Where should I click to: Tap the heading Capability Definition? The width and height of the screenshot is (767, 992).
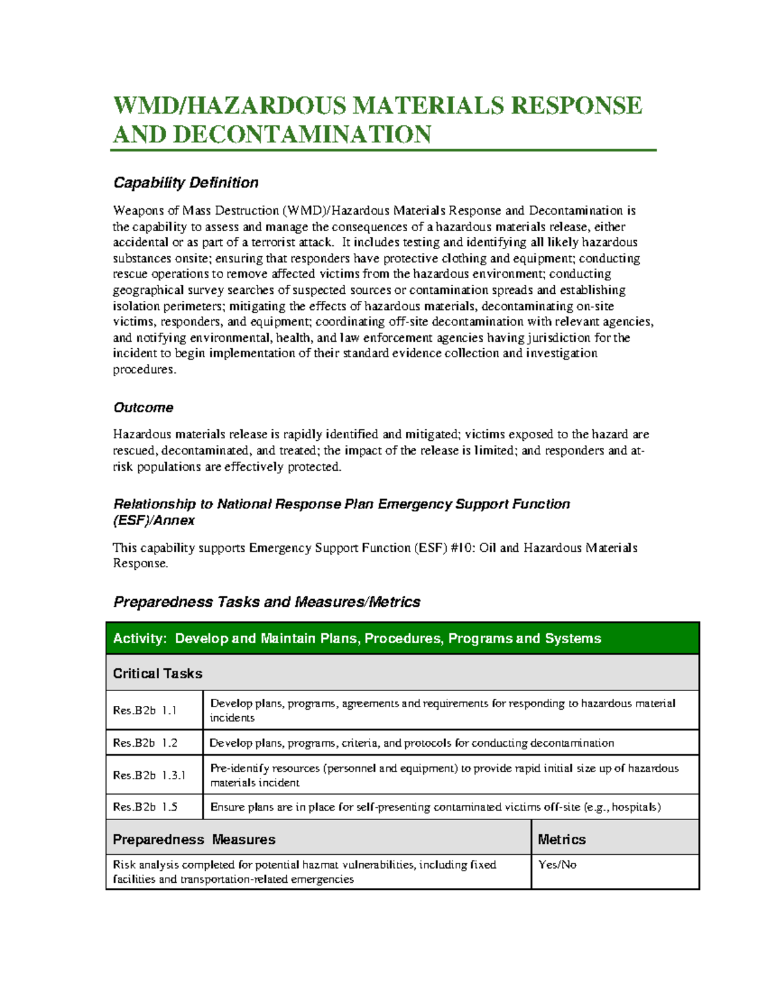[185, 183]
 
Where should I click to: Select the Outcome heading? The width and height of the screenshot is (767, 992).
[143, 408]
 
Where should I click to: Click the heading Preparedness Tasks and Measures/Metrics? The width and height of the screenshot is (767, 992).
[267, 602]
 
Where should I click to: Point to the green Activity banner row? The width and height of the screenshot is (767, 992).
[403, 638]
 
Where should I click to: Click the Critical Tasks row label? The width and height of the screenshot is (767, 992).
[157, 673]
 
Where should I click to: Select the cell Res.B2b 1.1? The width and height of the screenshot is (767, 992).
[145, 710]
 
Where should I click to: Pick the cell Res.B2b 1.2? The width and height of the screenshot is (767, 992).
[145, 743]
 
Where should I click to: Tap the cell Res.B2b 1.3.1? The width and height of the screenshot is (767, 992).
[149, 775]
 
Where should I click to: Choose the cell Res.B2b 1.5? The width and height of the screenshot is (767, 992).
[145, 807]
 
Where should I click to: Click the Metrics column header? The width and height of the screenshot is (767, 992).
[562, 839]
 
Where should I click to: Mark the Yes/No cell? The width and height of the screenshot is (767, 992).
[557, 865]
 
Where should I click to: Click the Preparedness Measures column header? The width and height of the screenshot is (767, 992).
[194, 839]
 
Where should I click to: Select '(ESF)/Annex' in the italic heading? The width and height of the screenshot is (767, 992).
[154, 521]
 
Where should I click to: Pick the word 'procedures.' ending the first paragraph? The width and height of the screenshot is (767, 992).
[144, 369]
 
